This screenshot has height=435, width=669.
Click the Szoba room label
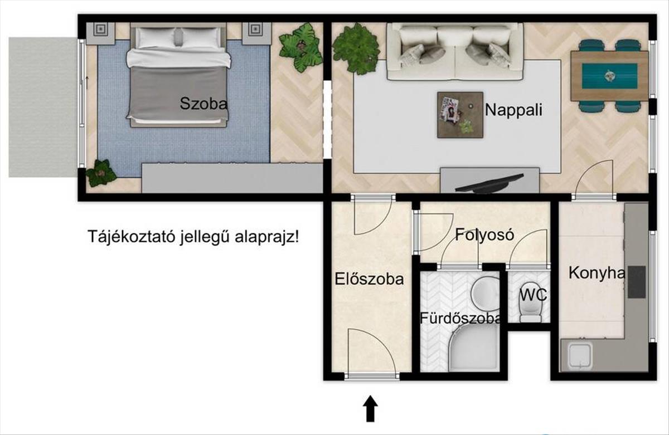203,104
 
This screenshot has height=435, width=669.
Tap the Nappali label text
513,110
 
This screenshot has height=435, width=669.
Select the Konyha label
597,273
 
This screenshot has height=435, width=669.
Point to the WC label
534,295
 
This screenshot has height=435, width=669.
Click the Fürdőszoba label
460,318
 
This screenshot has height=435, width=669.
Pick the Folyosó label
484,235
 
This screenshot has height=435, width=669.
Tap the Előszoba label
369,279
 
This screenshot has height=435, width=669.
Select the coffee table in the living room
460,115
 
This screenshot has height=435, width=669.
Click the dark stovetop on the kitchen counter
637,282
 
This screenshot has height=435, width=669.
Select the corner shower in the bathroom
474,348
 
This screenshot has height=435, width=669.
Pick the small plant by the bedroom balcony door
101,173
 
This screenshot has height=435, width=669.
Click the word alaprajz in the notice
266,237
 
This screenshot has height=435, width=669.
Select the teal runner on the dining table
609,76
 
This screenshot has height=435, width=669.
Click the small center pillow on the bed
178,37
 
